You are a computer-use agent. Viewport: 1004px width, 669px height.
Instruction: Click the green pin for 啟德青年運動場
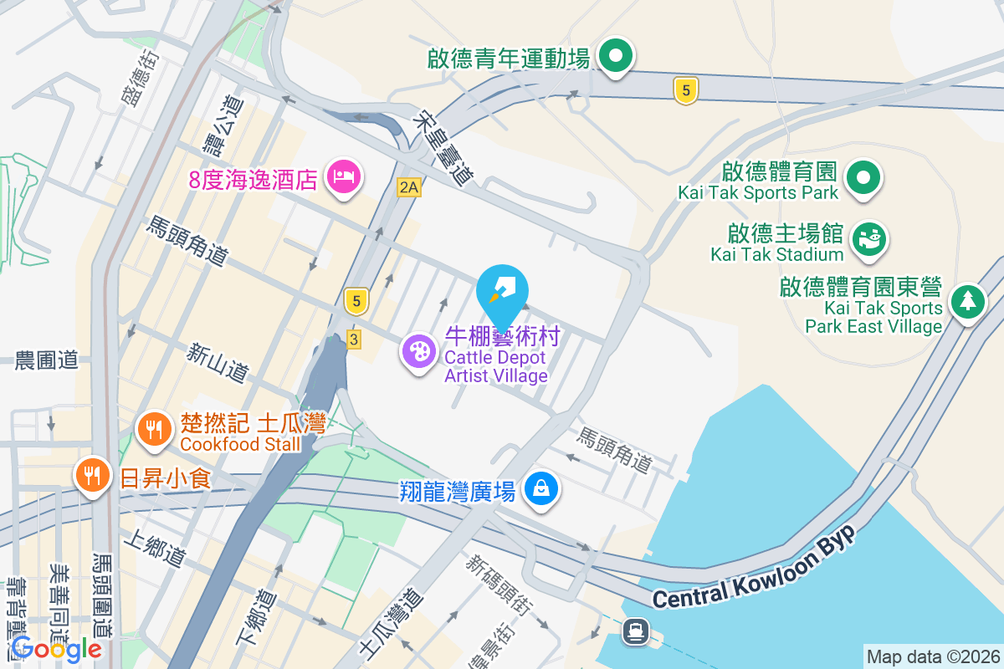617,57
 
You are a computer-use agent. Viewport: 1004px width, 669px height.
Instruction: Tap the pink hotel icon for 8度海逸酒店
344,177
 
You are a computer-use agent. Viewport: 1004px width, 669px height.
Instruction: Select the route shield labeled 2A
408,187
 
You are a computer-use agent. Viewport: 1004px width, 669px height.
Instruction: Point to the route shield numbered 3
354,340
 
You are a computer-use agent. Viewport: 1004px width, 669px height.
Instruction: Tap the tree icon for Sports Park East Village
967,300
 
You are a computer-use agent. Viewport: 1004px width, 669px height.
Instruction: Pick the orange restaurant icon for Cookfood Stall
153,429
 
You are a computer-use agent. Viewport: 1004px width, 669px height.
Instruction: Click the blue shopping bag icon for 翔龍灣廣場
541,488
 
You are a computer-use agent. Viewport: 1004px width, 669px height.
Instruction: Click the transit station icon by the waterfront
636,631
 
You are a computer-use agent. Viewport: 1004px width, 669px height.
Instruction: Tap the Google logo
57,648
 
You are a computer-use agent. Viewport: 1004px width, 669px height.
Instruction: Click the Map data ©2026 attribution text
932,656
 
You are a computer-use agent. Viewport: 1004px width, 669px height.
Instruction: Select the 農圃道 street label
47,360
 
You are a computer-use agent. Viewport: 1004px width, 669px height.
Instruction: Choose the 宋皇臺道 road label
443,148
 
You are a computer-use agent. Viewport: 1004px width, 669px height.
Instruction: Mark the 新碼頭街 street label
499,585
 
